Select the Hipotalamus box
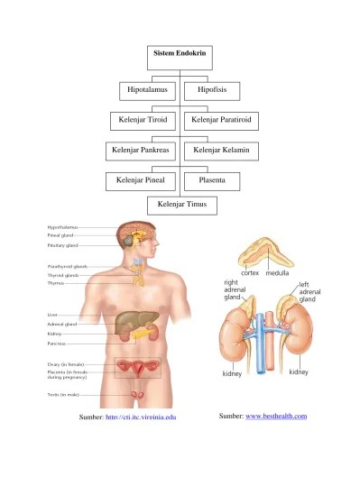tap(148, 91)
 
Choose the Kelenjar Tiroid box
tap(144, 120)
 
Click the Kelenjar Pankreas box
tap(143, 149)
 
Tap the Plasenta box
tap(217, 180)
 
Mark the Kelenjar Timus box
tap(181, 206)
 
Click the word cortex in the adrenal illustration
tap(250, 272)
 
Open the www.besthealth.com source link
tap(276, 416)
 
